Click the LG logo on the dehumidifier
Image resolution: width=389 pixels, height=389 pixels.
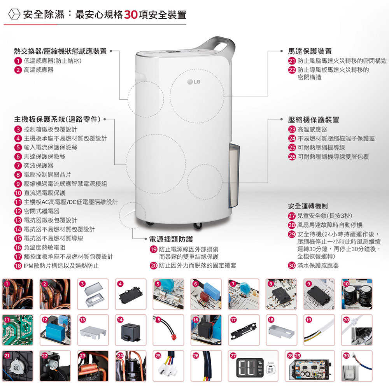click(194, 82)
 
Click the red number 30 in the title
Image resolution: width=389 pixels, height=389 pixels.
click(131, 15)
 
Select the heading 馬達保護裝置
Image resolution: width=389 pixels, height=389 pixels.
click(310, 51)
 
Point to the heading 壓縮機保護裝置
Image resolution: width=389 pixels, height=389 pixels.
click(313, 120)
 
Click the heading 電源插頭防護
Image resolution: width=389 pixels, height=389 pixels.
click(171, 239)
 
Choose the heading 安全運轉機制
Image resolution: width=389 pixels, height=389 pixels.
click(308, 206)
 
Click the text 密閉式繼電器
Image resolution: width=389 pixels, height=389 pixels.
click(42, 211)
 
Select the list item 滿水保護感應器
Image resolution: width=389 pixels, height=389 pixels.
click(318, 265)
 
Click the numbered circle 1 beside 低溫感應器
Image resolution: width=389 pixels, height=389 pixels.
click(18, 61)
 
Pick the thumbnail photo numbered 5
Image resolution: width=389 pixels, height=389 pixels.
click(168, 294)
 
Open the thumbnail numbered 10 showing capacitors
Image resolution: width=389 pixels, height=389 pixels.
click(357, 294)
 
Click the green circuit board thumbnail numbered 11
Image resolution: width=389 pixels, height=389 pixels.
click(18, 330)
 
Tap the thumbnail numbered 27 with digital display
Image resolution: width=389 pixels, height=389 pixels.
click(253, 366)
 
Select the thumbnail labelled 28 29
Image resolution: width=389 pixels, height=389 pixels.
click(310, 366)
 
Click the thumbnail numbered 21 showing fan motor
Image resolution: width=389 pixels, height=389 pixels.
click(18, 366)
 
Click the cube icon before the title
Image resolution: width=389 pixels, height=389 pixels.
click(14, 14)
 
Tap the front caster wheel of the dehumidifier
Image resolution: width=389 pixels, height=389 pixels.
click(198, 226)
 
